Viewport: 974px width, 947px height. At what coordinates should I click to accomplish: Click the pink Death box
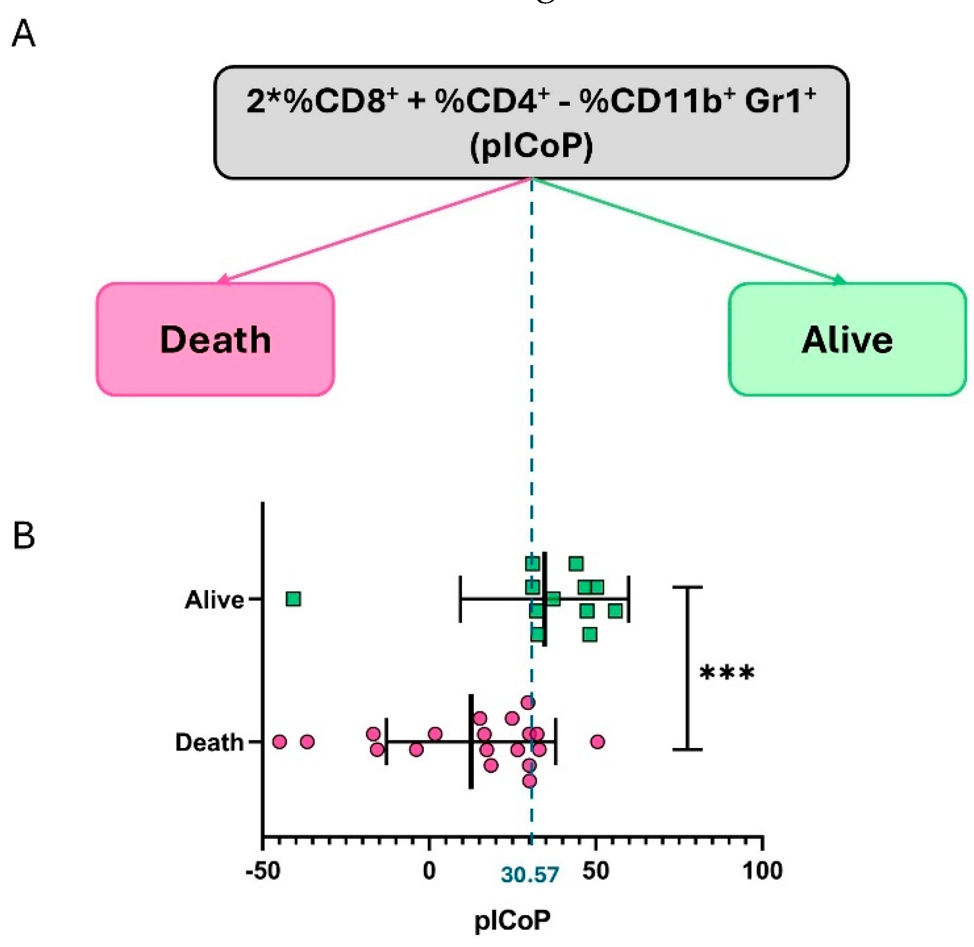coord(215,339)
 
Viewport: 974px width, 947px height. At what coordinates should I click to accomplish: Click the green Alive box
coord(847,339)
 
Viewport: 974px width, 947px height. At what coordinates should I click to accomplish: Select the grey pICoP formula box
coord(531,122)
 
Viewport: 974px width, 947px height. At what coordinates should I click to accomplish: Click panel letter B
coord(23,536)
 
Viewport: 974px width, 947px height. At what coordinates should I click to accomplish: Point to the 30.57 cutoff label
coord(530,875)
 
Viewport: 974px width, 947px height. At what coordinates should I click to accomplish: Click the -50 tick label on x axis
coord(263,871)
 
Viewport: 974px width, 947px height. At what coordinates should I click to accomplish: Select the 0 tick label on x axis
coord(429,871)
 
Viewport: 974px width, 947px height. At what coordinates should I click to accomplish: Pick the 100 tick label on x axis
coord(762,871)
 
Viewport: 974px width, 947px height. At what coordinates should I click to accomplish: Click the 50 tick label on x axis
coord(596,871)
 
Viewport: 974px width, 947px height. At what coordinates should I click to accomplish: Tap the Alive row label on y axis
coord(214,600)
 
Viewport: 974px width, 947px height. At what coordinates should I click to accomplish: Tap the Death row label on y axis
coord(209,742)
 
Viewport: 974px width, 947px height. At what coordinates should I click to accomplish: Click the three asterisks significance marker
coord(726,674)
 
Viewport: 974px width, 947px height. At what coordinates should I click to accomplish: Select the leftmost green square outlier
coord(293,599)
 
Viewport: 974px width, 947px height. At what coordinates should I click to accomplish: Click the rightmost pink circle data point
coord(598,742)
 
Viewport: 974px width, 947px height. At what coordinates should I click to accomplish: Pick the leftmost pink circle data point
coord(279,742)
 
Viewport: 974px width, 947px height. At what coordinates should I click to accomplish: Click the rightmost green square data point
coord(615,610)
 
